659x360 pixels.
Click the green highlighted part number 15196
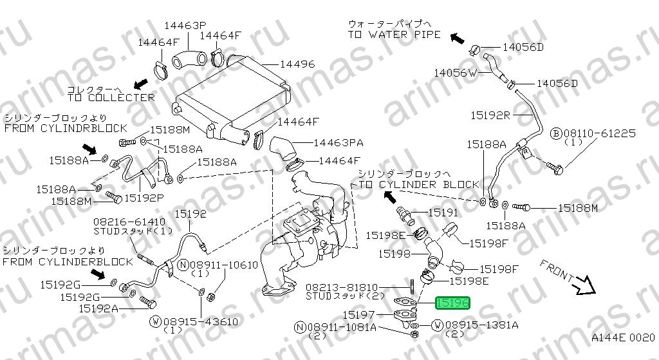tap(452, 303)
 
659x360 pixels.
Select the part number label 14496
tap(297, 64)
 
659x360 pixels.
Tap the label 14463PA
tap(339, 143)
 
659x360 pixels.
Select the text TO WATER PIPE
tap(394, 35)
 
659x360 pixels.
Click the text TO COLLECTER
tap(111, 98)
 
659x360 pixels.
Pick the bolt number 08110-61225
tap(599, 134)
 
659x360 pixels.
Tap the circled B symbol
tap(556, 134)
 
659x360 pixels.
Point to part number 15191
tap(443, 213)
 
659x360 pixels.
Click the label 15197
tap(358, 314)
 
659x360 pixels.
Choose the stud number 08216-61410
tap(124, 222)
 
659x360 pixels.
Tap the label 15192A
tap(98, 308)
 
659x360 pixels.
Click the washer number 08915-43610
tap(200, 322)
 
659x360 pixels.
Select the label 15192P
tap(144, 198)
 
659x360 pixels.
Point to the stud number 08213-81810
tap(342, 288)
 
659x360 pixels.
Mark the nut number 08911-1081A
tap(342, 327)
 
